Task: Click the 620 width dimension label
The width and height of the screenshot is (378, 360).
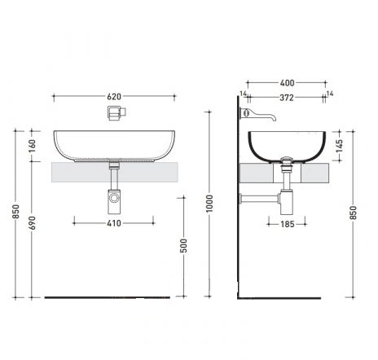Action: (114, 97)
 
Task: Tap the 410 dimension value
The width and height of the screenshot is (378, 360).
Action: (114, 223)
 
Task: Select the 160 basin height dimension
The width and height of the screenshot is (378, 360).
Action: (32, 146)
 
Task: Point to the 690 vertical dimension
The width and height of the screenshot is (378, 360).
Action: (32, 223)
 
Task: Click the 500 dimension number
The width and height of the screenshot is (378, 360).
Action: (184, 246)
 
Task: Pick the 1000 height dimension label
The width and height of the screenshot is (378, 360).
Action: (209, 204)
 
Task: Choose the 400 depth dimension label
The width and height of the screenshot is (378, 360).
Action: (287, 83)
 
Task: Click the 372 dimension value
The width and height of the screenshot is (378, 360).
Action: (287, 98)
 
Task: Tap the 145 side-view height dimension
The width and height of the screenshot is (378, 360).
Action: (339, 146)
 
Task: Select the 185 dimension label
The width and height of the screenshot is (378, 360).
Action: (288, 224)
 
